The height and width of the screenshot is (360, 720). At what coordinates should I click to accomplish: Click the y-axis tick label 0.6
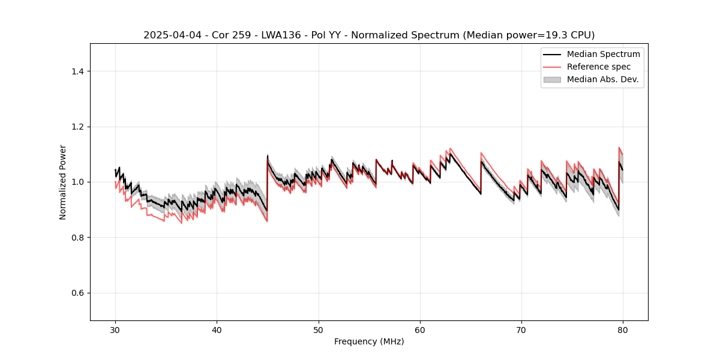pyautogui.click(x=77, y=293)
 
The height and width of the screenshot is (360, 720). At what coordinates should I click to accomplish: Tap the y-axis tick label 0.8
pyautogui.click(x=77, y=238)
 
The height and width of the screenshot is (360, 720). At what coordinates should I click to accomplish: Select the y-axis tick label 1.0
pyautogui.click(x=77, y=182)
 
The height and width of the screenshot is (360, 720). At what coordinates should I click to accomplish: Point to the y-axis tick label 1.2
pyautogui.click(x=77, y=127)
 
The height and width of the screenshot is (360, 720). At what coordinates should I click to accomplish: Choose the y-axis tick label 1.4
pyautogui.click(x=77, y=71)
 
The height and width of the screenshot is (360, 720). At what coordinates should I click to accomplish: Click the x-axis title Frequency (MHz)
pyautogui.click(x=369, y=341)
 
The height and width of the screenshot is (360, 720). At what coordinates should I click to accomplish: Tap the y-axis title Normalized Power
pyautogui.click(x=63, y=182)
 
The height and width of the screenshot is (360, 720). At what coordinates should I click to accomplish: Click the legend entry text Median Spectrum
pyautogui.click(x=603, y=54)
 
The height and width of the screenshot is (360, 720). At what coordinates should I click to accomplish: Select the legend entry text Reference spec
pyautogui.click(x=599, y=67)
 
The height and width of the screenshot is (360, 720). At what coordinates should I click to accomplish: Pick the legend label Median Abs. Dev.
pyautogui.click(x=602, y=79)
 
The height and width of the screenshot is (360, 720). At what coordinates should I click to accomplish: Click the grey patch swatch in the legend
pyautogui.click(x=552, y=79)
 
